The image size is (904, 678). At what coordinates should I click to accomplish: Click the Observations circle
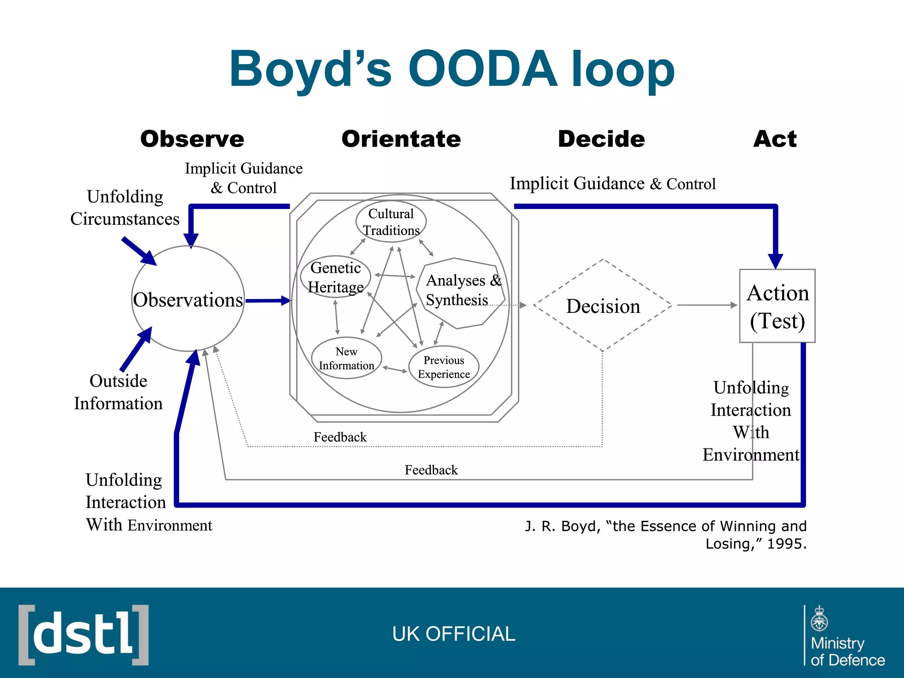[188, 299]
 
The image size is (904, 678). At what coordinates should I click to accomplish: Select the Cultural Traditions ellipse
[391, 222]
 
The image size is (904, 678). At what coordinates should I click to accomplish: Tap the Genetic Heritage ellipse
[335, 277]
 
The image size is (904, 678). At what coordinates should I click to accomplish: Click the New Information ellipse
[346, 358]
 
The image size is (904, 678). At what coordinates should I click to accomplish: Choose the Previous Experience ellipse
[444, 367]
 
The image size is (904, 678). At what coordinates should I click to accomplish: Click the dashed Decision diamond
[603, 306]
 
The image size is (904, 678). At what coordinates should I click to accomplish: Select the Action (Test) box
[777, 306]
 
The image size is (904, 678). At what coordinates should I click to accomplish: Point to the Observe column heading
[192, 139]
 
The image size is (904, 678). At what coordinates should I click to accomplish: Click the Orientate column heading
[401, 139]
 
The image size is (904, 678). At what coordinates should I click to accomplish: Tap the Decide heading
[601, 139]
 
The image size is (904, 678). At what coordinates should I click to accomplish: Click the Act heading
[775, 139]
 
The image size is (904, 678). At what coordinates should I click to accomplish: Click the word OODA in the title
[482, 69]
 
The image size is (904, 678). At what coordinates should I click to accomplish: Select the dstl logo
[83, 635]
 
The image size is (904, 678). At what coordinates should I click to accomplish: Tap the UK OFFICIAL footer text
[453, 634]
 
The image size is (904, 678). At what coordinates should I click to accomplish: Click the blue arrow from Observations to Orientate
[267, 301]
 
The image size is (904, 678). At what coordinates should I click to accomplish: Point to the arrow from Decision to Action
[706, 305]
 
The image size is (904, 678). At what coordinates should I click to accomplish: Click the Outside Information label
[118, 392]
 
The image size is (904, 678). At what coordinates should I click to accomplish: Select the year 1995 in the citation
[787, 544]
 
